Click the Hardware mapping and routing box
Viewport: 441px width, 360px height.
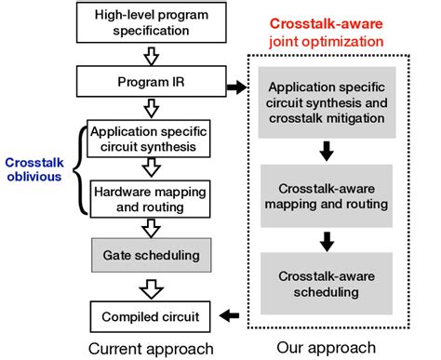pyautogui.click(x=150, y=198)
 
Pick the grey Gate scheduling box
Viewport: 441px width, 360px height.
pyautogui.click(x=150, y=253)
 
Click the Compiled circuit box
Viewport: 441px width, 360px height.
pyautogui.click(x=150, y=312)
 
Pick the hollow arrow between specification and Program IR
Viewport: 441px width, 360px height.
pyautogui.click(x=151, y=57)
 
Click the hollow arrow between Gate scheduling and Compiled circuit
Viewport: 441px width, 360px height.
pyautogui.click(x=150, y=283)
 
